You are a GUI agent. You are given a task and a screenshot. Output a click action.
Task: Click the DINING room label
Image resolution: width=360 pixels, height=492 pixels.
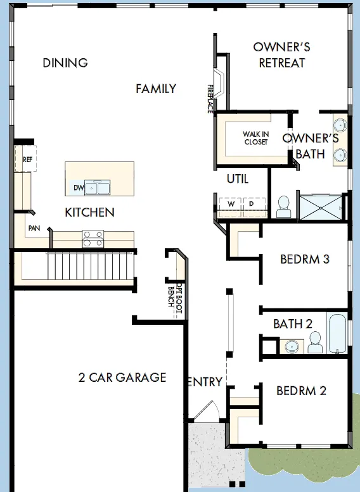click(x=65, y=63)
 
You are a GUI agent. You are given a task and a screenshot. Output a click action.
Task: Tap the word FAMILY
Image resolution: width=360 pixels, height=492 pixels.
click(x=156, y=89)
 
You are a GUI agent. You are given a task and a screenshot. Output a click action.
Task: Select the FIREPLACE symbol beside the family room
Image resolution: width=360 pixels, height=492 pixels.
click(x=219, y=82)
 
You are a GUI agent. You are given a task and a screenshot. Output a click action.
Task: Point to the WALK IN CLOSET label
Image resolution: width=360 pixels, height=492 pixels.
click(x=255, y=138)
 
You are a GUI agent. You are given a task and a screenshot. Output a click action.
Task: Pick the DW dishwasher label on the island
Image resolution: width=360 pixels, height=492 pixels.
click(x=79, y=187)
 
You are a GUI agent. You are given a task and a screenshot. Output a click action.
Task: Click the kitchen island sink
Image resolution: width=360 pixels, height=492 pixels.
click(x=98, y=187)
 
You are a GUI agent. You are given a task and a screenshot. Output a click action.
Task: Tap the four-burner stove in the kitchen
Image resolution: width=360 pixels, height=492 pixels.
click(x=93, y=239)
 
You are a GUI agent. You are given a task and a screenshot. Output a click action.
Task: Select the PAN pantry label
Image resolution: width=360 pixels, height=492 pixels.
click(x=34, y=228)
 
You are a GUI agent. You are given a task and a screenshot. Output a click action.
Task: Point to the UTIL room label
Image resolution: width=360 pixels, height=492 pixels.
click(x=238, y=179)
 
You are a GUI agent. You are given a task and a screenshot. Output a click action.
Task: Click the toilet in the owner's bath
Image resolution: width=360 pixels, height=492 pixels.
click(x=284, y=207)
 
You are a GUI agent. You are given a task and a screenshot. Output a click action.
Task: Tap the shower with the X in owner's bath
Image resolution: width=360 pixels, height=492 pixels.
click(x=321, y=208)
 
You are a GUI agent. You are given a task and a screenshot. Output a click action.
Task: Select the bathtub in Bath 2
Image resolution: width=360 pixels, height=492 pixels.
click(x=338, y=334)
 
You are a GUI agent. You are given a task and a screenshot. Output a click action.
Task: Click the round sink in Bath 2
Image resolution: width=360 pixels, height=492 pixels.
click(x=292, y=346)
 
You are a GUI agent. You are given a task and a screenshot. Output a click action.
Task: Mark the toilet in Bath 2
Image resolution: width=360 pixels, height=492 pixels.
click(x=315, y=343)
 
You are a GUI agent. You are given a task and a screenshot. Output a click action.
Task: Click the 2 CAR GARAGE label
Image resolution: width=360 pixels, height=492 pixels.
click(x=122, y=377)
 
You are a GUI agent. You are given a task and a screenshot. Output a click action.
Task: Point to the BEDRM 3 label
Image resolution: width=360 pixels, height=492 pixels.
click(x=305, y=259)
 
